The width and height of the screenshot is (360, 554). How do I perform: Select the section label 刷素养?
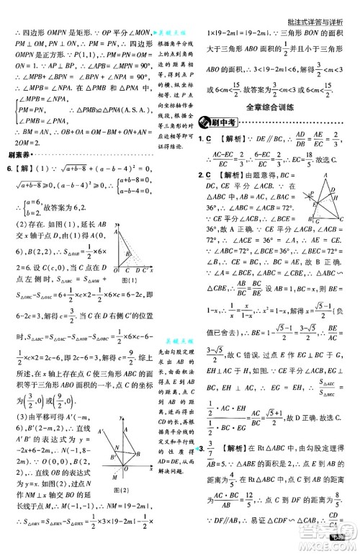pyautogui.click(x=17, y=154)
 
